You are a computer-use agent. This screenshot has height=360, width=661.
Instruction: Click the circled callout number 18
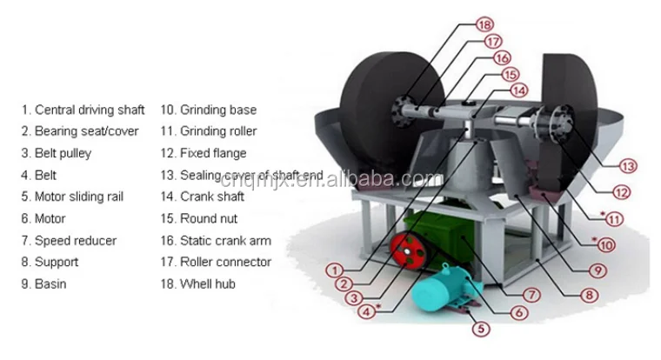coord(484,25)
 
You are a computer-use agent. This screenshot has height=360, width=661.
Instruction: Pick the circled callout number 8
coord(590,296)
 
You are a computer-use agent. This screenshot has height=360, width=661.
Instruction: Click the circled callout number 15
coord(511,75)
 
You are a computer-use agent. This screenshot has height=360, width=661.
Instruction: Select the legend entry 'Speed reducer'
coord(75,240)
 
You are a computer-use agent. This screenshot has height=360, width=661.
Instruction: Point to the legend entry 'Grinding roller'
coord(217,132)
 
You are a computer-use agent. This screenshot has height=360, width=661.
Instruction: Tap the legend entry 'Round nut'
coord(208,218)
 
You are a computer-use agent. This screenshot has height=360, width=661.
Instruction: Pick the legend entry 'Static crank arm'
coord(225,240)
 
